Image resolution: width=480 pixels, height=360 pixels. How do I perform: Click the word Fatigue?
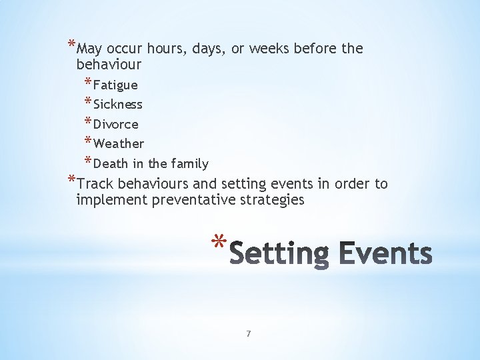tap(115, 85)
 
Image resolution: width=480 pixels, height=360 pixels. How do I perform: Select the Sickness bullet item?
tap(118, 105)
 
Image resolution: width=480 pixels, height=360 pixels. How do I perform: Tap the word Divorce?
tap(116, 125)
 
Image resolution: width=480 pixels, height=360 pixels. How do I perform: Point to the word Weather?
tap(119, 144)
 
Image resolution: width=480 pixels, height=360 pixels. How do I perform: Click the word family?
tap(190, 163)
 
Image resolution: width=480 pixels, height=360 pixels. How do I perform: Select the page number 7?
tap(248, 333)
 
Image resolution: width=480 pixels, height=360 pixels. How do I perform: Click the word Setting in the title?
tap(282, 255)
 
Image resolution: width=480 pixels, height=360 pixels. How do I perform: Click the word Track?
tap(95, 184)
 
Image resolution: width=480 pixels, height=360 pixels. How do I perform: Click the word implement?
tap(106, 199)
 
